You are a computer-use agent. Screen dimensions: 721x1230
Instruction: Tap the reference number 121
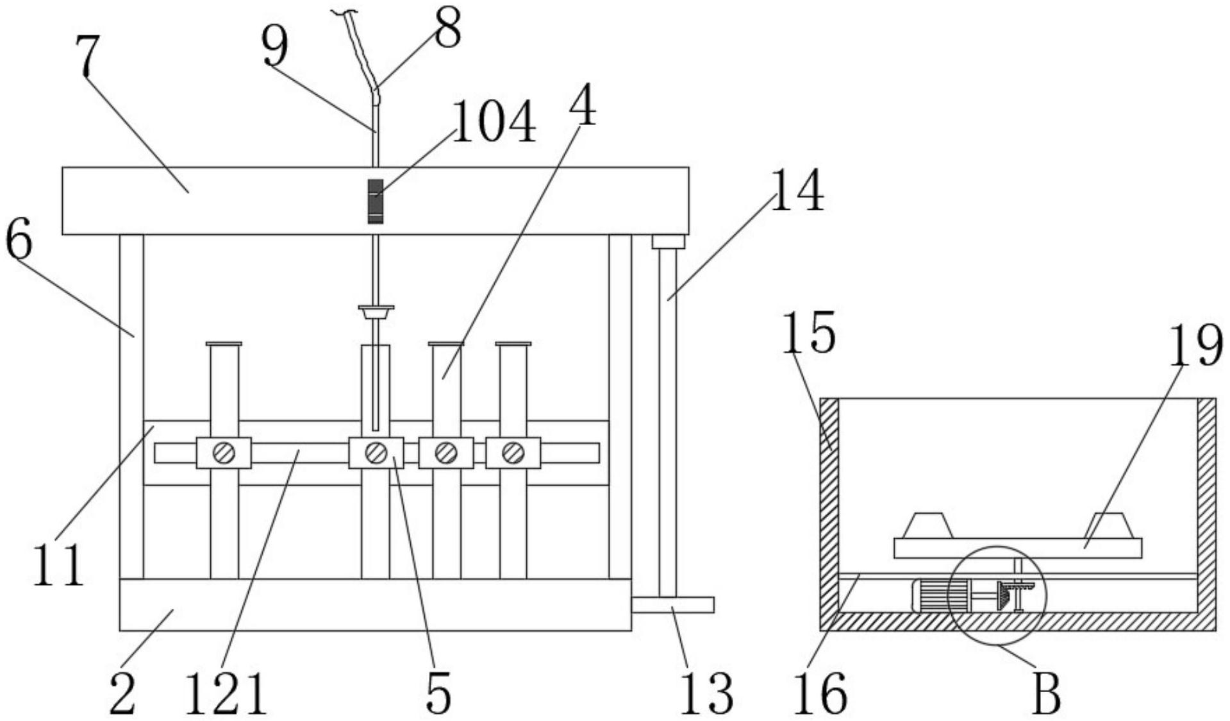click(x=226, y=694)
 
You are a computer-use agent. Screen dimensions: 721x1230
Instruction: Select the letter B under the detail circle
click(x=1045, y=694)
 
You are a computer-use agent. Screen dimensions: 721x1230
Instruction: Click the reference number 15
click(x=808, y=332)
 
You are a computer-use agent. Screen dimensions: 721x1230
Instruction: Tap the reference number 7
click(x=88, y=55)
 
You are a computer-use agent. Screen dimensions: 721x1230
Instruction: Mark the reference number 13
click(x=706, y=694)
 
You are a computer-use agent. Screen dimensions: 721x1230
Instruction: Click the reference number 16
click(x=820, y=694)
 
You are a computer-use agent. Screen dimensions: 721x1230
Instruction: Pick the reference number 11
click(x=58, y=564)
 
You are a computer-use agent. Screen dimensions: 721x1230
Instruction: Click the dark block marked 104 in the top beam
click(x=376, y=201)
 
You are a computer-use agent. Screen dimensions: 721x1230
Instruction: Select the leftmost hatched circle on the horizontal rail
click(x=224, y=453)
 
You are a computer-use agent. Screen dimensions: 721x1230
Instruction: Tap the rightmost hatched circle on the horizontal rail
click(x=513, y=453)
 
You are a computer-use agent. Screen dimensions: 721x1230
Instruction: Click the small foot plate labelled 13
click(x=672, y=605)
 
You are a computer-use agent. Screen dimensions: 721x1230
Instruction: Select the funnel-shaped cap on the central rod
click(x=376, y=313)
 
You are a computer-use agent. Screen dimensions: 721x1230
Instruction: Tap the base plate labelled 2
click(x=375, y=605)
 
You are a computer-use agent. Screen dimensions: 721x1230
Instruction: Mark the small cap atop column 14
click(x=668, y=242)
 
